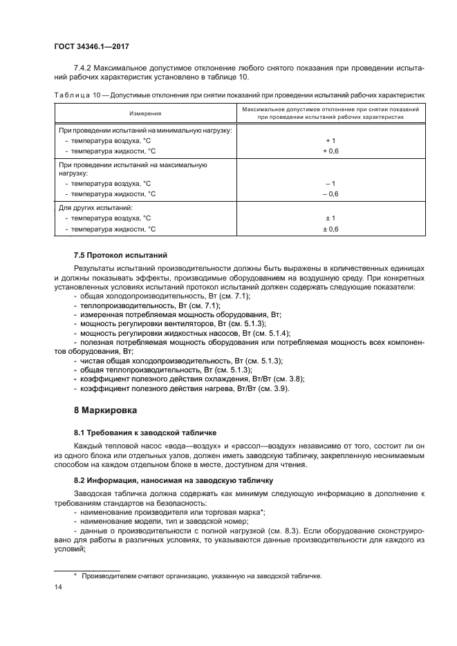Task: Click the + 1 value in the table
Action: (x=330, y=140)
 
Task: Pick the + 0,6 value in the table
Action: (x=330, y=150)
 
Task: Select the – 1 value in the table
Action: (x=330, y=183)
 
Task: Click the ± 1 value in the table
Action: (x=330, y=218)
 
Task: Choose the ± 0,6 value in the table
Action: (x=330, y=229)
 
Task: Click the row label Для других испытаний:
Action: (x=95, y=207)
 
